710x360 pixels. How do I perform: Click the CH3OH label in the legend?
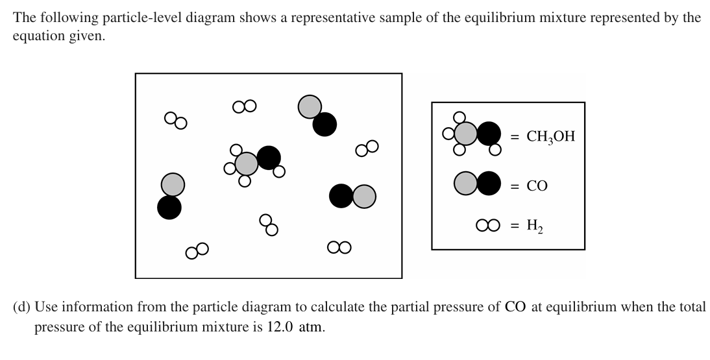point(550,137)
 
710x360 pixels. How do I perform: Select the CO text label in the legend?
point(537,186)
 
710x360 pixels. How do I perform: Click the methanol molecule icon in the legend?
point(473,134)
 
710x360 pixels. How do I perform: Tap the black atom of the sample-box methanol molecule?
point(269,157)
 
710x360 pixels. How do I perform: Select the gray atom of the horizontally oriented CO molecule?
point(364,196)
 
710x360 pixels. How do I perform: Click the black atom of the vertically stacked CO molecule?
point(169,207)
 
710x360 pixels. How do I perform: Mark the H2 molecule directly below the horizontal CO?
point(339,247)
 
